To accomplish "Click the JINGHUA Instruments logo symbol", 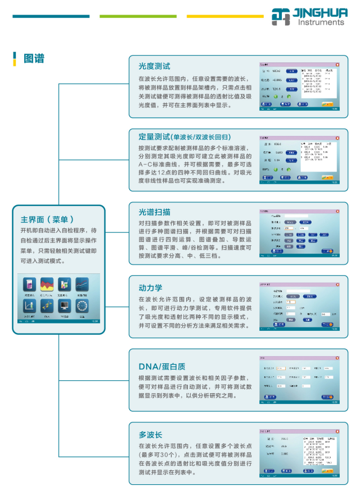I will click(281, 17).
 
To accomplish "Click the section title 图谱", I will click(34, 58).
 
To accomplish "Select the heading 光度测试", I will click(154, 66).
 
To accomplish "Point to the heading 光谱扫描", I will click(154, 212).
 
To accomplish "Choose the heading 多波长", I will click(150, 435).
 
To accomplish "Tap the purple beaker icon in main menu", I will click(29, 284).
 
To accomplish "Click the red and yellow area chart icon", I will click(47, 284).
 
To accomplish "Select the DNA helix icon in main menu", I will click(47, 306).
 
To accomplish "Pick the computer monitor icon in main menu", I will click(64, 306).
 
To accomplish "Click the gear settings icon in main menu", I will click(82, 306).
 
